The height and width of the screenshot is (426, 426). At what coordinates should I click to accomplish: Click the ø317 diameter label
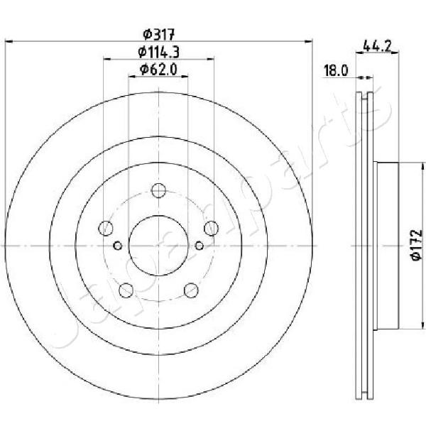(158, 35)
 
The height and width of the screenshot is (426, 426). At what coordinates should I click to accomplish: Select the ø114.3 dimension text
(158, 52)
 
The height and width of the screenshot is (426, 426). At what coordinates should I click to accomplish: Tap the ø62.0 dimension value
(158, 70)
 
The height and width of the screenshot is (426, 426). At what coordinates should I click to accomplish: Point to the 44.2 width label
(377, 46)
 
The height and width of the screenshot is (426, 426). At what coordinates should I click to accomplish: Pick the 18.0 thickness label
(336, 71)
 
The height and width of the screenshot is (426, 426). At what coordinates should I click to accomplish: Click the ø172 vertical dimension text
(417, 245)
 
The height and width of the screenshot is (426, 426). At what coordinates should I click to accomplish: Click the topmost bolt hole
(158, 190)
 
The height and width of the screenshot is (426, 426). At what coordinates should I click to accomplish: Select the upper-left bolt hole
(105, 228)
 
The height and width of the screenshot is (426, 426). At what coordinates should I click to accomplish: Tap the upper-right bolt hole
(211, 228)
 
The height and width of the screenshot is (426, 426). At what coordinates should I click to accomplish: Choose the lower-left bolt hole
(126, 290)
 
